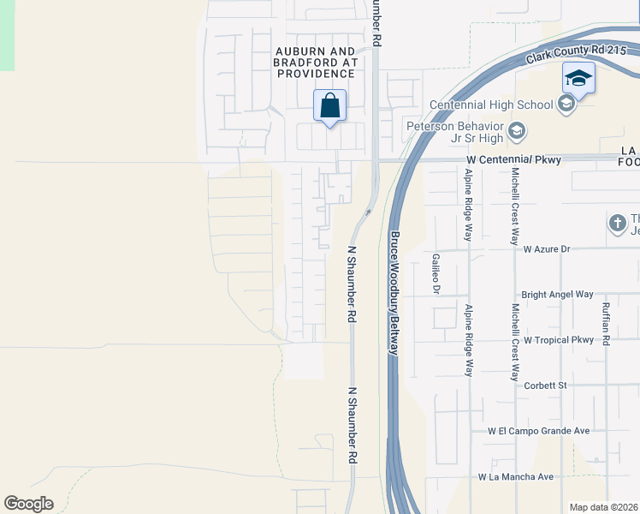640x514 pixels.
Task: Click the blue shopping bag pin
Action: (330, 106)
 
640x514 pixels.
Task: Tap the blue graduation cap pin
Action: (578, 79)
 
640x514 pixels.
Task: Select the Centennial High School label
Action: (491, 105)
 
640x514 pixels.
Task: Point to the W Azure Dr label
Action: (559, 248)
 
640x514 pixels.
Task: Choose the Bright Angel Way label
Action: (557, 294)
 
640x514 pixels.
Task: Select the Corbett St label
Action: (547, 385)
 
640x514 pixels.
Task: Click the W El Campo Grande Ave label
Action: (539, 431)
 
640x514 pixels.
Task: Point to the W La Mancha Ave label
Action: (516, 476)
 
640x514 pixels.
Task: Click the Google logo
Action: (28, 504)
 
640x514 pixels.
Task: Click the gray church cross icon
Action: (617, 224)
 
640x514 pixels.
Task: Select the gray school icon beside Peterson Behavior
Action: (516, 132)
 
